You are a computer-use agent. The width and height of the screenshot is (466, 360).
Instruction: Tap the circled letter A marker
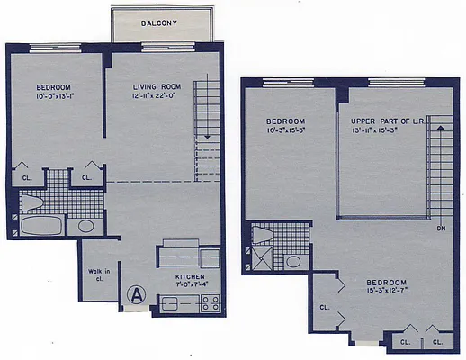(137, 292)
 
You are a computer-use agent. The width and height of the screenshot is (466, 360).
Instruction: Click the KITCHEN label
(190, 276)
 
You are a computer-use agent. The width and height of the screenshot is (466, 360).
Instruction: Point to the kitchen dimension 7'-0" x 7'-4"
(190, 285)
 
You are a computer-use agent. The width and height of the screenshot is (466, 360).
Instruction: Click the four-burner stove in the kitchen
(210, 302)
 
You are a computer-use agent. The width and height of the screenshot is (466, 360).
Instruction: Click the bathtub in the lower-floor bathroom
(40, 225)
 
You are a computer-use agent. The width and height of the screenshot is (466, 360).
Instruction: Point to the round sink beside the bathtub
(86, 226)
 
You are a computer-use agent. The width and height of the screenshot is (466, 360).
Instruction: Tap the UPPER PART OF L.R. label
(387, 120)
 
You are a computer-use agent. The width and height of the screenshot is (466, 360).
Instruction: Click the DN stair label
(441, 229)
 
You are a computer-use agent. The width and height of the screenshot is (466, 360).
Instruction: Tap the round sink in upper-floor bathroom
(293, 262)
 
